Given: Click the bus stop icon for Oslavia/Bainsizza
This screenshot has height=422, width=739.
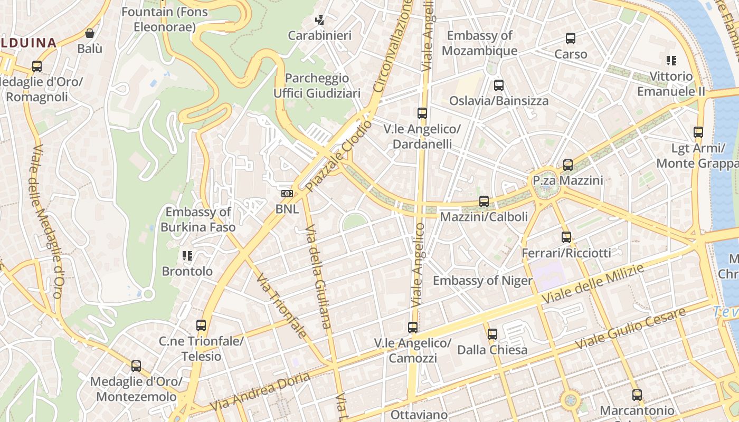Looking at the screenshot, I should point(498,85).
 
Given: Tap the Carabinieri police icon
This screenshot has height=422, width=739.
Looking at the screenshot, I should point(319,21).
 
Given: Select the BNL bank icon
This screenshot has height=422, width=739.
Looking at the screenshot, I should point(287,194).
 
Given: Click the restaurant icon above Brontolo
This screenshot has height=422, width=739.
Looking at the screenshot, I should point(187,256).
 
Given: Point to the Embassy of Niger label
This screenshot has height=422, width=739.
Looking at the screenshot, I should point(482,280).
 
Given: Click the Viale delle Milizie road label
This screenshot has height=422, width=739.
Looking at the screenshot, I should point(593,284).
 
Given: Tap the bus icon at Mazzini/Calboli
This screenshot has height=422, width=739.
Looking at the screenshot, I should point(484,201).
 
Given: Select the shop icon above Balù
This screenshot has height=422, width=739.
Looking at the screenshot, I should point(90,33).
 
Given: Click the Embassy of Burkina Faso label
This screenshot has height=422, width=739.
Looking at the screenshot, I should point(198,219).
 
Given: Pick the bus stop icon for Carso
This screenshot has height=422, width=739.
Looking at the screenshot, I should point(570,39).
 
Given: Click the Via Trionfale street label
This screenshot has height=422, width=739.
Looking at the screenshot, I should point(282,305).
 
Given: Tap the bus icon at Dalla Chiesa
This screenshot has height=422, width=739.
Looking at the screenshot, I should point(492,334).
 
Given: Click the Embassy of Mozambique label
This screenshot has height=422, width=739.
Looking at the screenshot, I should point(479,43).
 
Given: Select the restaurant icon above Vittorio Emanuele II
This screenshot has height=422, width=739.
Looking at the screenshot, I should point(671,61).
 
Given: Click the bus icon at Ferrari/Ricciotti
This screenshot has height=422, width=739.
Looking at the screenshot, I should point(566,237).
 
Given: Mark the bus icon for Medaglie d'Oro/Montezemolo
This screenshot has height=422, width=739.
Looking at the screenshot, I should point(136,366).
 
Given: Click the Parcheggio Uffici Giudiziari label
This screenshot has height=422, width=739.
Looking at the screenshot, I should point(317,85).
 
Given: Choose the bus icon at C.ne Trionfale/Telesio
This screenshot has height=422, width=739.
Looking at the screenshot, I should point(201,325).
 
